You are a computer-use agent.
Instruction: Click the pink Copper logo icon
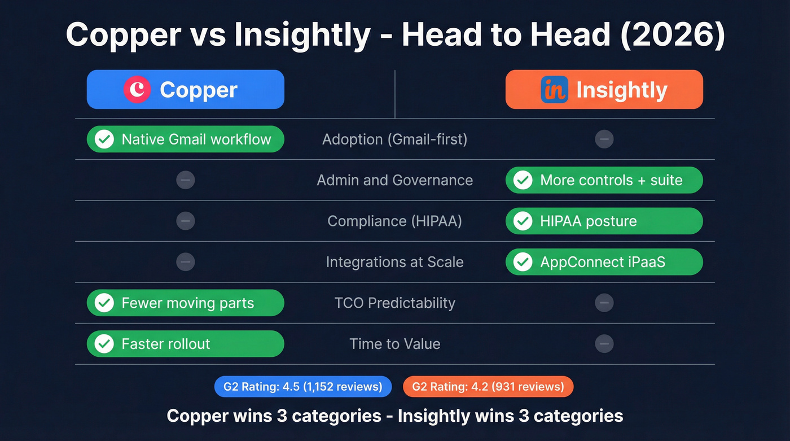tap(137, 90)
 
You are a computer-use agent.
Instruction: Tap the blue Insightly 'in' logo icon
tap(554, 90)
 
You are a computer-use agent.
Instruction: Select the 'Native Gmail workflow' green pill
tap(185, 139)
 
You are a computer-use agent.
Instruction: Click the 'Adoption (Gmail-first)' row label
tap(394, 139)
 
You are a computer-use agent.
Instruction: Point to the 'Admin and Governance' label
tap(394, 180)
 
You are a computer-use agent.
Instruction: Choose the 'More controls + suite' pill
tap(604, 180)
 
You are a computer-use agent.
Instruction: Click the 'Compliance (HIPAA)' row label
tap(394, 221)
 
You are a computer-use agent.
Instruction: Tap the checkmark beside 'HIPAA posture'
tap(523, 221)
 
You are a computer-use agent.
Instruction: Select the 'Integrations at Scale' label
tap(394, 262)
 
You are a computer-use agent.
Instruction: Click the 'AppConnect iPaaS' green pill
tap(604, 262)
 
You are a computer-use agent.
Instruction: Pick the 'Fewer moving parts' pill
tap(185, 303)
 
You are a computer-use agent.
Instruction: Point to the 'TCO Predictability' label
tap(394, 303)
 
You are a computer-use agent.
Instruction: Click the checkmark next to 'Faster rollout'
tap(104, 344)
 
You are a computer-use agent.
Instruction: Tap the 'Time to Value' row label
tap(394, 344)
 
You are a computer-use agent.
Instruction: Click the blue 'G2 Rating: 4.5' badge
tap(303, 387)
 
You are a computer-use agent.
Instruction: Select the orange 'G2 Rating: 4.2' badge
tap(488, 387)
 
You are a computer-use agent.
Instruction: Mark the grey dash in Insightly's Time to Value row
tap(604, 343)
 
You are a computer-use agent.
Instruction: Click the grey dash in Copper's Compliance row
tap(185, 221)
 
